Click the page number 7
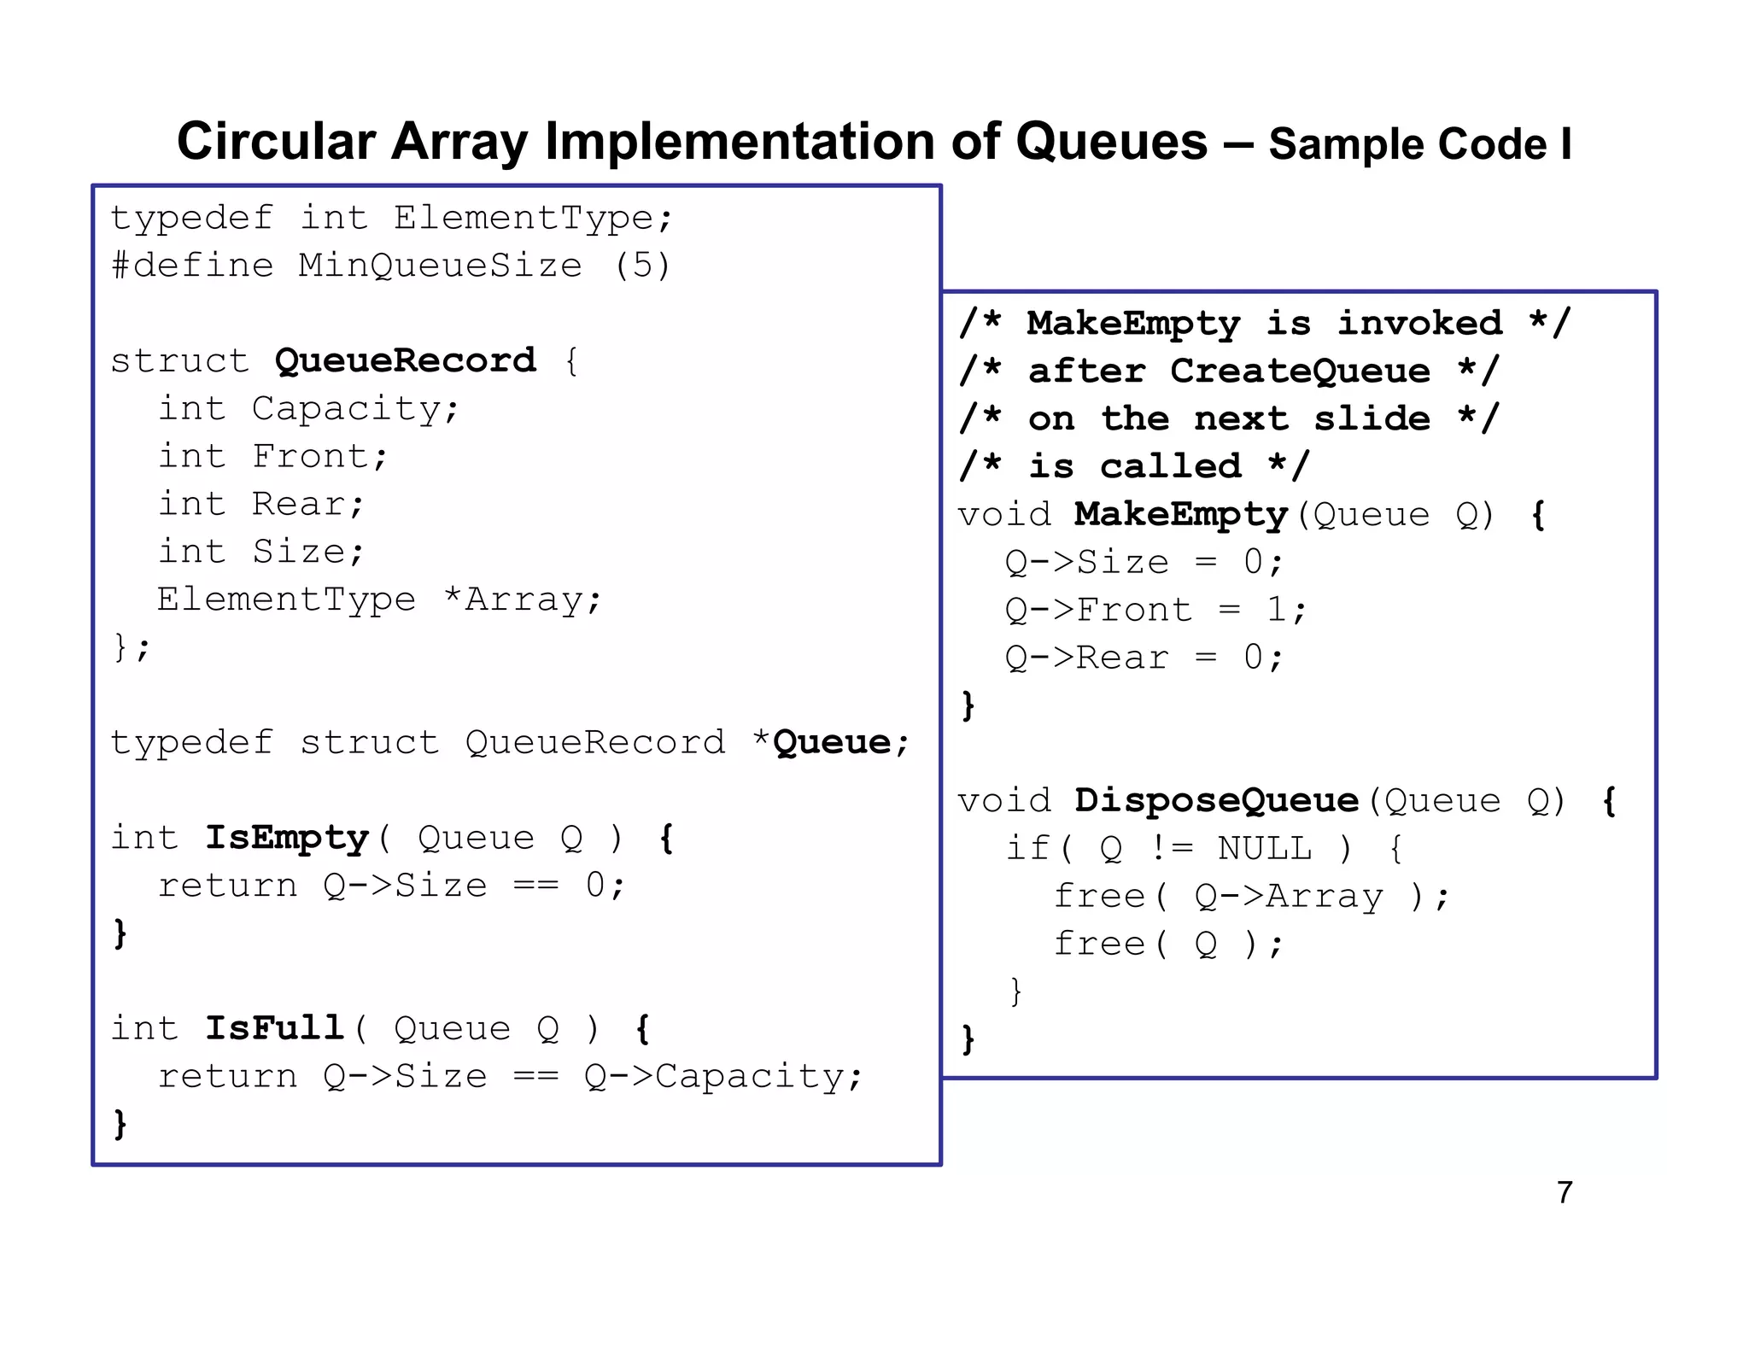[x=1565, y=1192]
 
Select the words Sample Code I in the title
[x=1419, y=144]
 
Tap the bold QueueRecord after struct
[x=405, y=360]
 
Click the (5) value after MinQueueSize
[x=642, y=266]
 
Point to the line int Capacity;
[x=309, y=408]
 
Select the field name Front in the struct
[x=310, y=456]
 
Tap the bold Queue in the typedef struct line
[x=832, y=742]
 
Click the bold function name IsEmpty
[x=286, y=838]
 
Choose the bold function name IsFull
[x=274, y=1028]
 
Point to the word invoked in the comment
[x=1419, y=323]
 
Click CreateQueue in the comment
[x=1300, y=371]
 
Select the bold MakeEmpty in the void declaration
[x=1180, y=514]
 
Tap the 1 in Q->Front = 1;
[x=1276, y=610]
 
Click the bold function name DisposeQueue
[x=1216, y=800]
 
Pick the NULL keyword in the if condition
[x=1264, y=848]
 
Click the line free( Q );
[x=1168, y=944]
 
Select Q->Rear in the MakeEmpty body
[x=1086, y=658]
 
